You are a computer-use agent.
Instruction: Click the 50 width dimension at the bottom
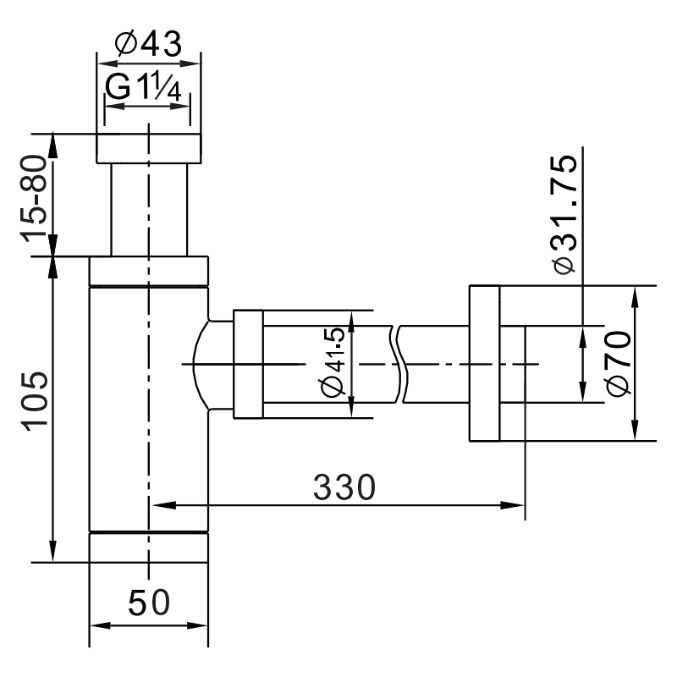point(149,603)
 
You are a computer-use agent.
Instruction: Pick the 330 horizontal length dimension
point(343,487)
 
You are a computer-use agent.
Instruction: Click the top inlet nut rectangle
point(149,147)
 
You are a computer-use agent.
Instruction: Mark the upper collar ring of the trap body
point(149,271)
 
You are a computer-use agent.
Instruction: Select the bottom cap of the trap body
point(149,547)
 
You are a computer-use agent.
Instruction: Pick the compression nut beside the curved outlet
point(248,364)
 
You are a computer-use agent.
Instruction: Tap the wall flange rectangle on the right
point(483,364)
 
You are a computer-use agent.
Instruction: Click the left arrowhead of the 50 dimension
point(98,626)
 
